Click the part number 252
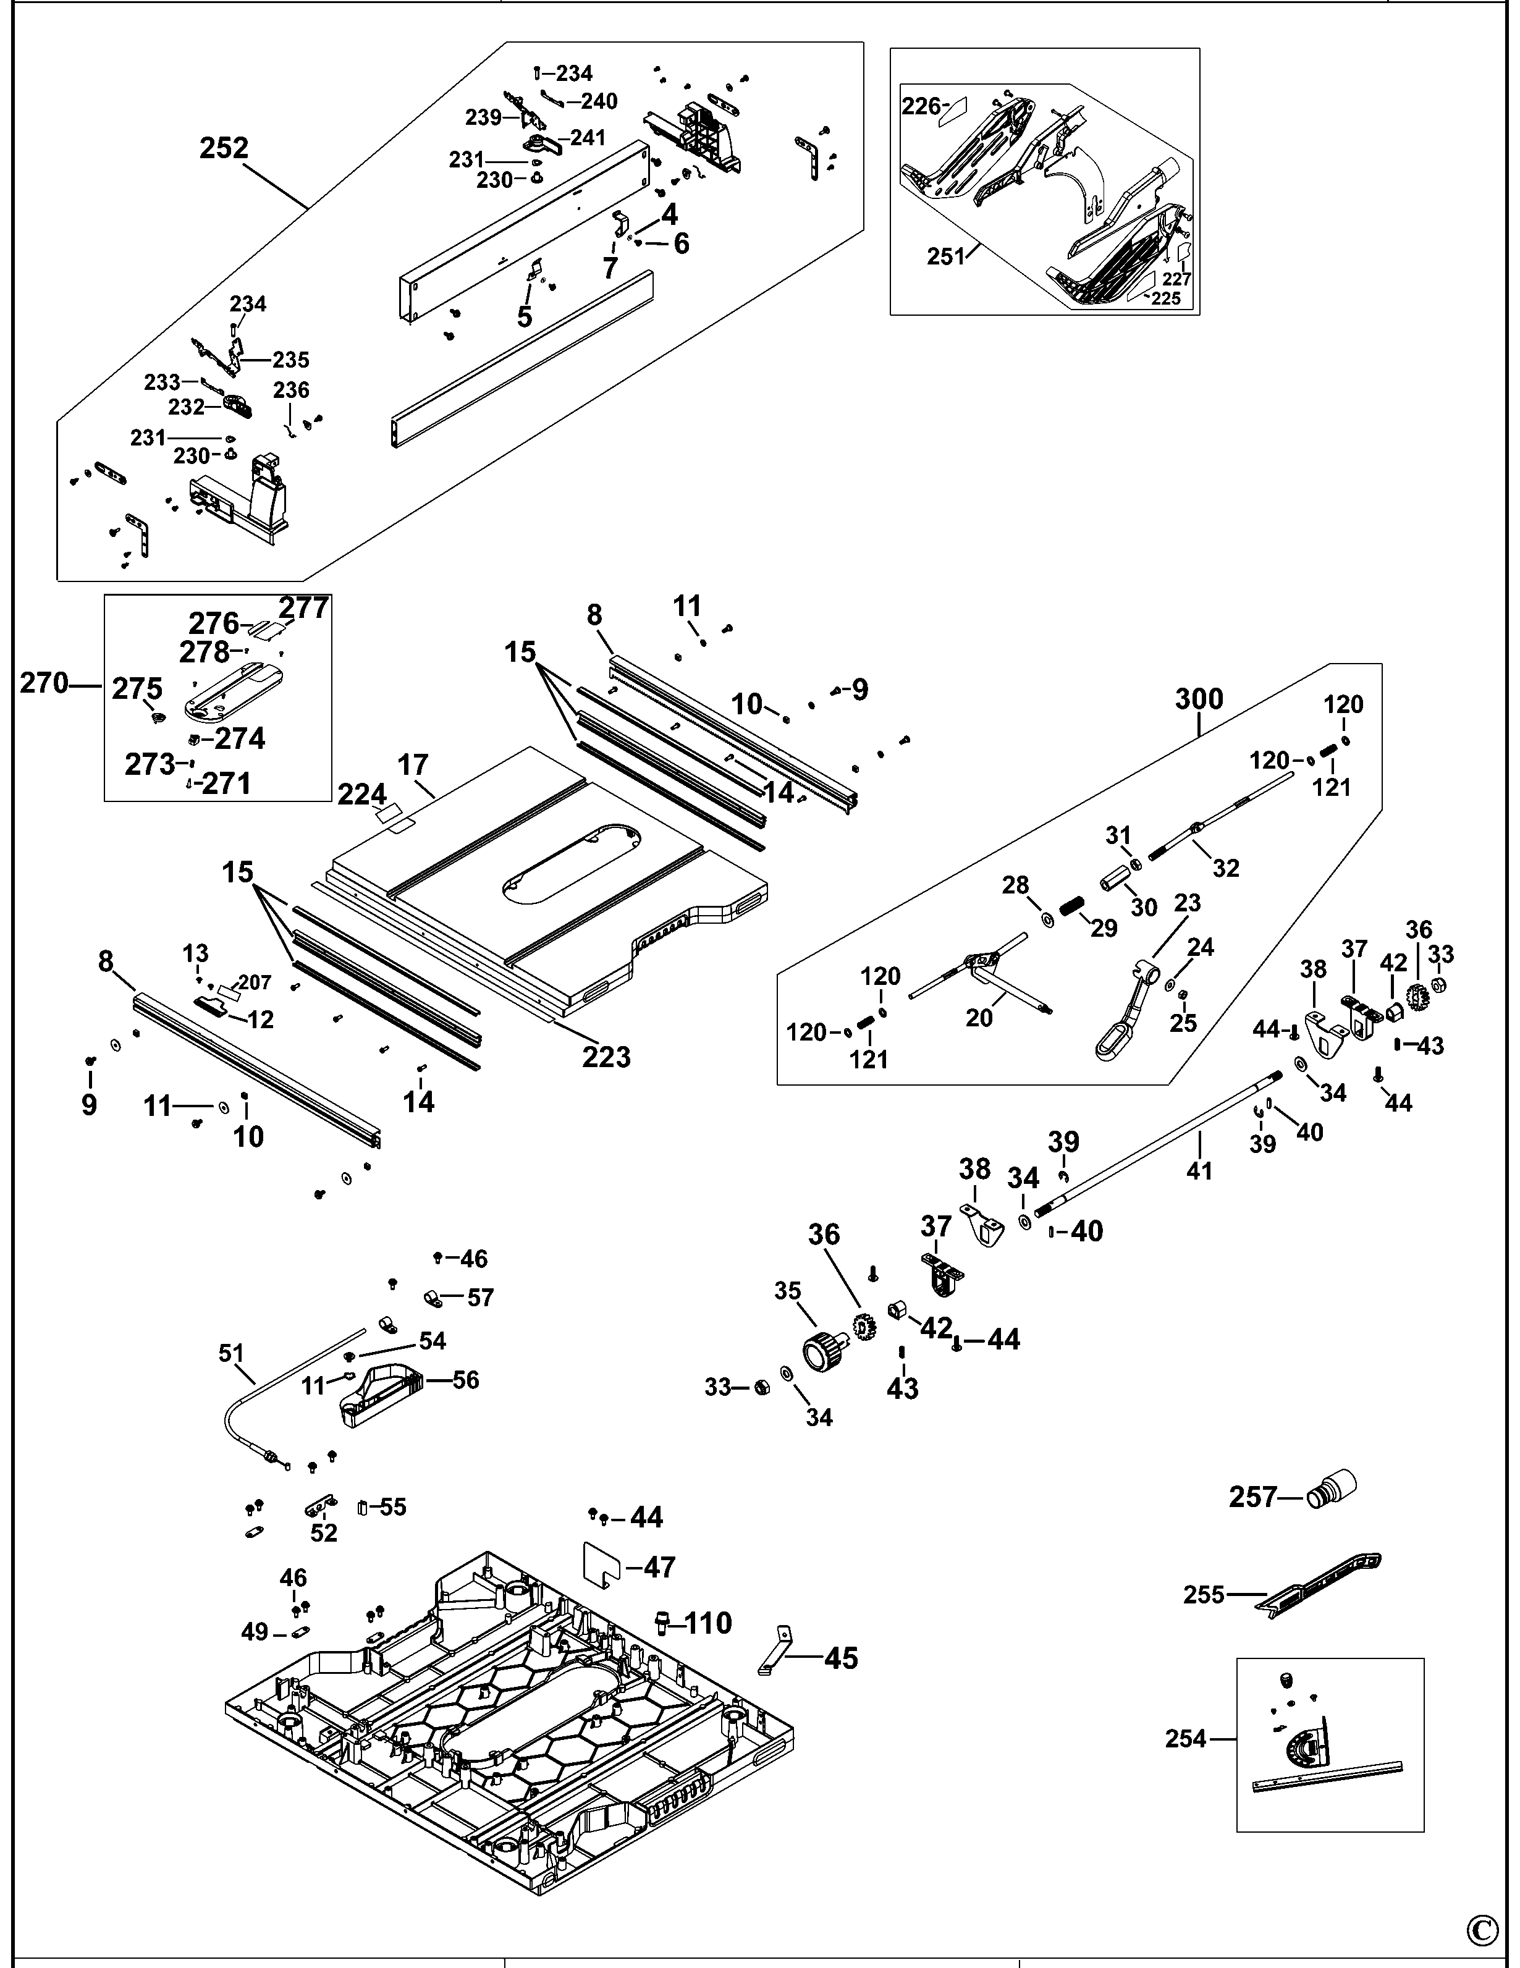(x=224, y=148)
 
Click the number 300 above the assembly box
(x=1199, y=699)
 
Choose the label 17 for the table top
(x=413, y=765)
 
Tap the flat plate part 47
(x=604, y=1567)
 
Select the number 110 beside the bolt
(x=708, y=1623)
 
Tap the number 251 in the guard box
(x=945, y=257)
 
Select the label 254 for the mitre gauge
(x=1185, y=1738)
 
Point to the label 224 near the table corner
(x=362, y=794)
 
